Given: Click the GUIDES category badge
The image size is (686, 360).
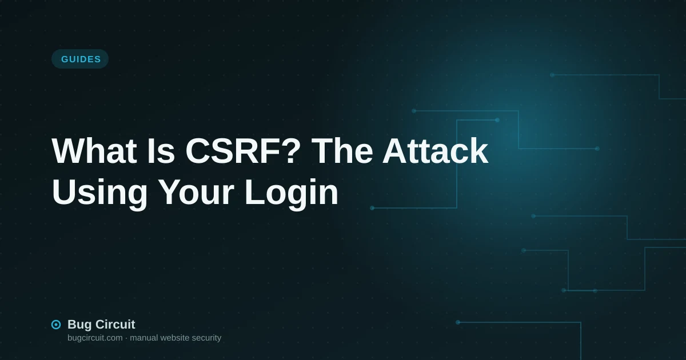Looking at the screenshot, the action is pos(80,59).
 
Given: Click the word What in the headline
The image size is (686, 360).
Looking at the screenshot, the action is pos(94,151).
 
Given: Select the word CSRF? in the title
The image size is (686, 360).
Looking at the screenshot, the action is pos(243,151).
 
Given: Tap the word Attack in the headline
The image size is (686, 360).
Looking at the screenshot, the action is pos(435,151).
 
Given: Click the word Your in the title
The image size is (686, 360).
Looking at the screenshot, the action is pos(197,192).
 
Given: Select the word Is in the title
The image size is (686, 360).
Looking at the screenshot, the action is pos(161,151).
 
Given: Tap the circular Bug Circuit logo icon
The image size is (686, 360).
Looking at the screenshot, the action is pos(56,325).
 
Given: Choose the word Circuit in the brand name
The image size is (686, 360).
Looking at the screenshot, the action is pos(114,324).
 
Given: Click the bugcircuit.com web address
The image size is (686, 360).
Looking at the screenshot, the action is pos(95,338).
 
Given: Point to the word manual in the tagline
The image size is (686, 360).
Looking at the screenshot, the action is pos(143,338).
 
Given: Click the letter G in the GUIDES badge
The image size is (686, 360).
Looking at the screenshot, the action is pos(65,59).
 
